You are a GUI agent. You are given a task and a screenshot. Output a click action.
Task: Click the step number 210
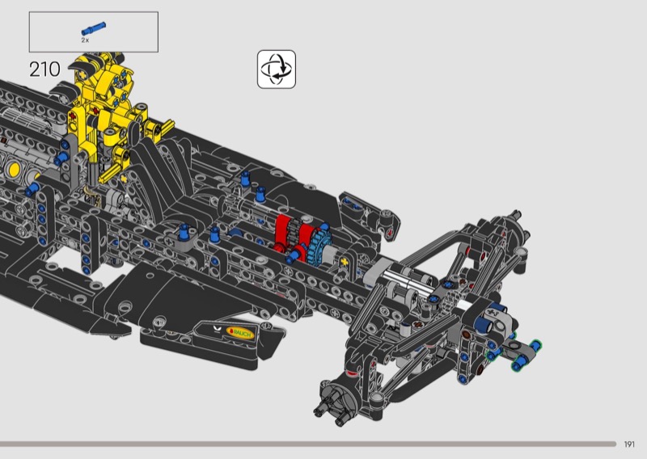(x=44, y=69)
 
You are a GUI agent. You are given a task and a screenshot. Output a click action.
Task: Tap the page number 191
(x=629, y=444)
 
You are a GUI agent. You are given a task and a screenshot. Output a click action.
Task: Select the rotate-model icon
(x=277, y=69)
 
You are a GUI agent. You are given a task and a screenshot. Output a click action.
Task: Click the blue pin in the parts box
(x=93, y=29)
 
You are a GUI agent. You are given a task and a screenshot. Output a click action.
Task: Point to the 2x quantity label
(x=85, y=40)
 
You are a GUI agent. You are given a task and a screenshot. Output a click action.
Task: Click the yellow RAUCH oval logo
(x=240, y=333)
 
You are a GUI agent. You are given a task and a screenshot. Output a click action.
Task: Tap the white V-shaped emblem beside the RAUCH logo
(x=218, y=329)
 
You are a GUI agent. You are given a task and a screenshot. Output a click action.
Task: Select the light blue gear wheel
(x=319, y=246)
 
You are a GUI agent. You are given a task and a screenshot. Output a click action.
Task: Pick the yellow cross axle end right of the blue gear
(x=345, y=262)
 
